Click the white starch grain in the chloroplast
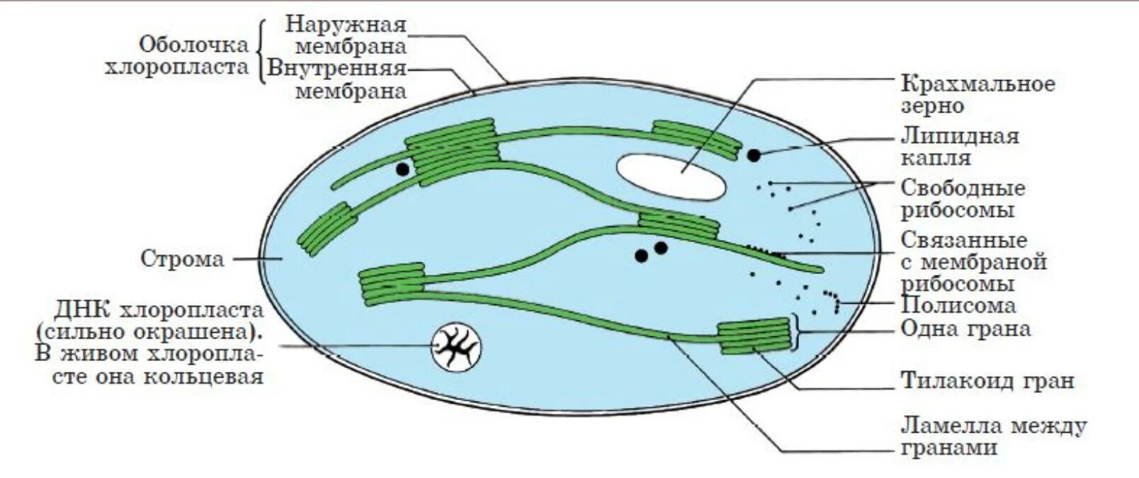click(670, 178)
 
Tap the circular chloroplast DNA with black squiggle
click(455, 347)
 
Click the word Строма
click(182, 258)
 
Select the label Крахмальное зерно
click(977, 95)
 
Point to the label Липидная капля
click(960, 146)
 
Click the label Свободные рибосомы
click(963, 199)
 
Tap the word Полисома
click(958, 305)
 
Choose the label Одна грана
click(965, 329)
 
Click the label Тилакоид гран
click(987, 381)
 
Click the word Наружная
click(346, 25)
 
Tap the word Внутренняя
click(337, 69)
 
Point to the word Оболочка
click(193, 45)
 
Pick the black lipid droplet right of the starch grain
click(754, 154)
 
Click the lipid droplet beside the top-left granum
click(402, 169)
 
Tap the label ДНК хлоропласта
click(159, 310)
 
